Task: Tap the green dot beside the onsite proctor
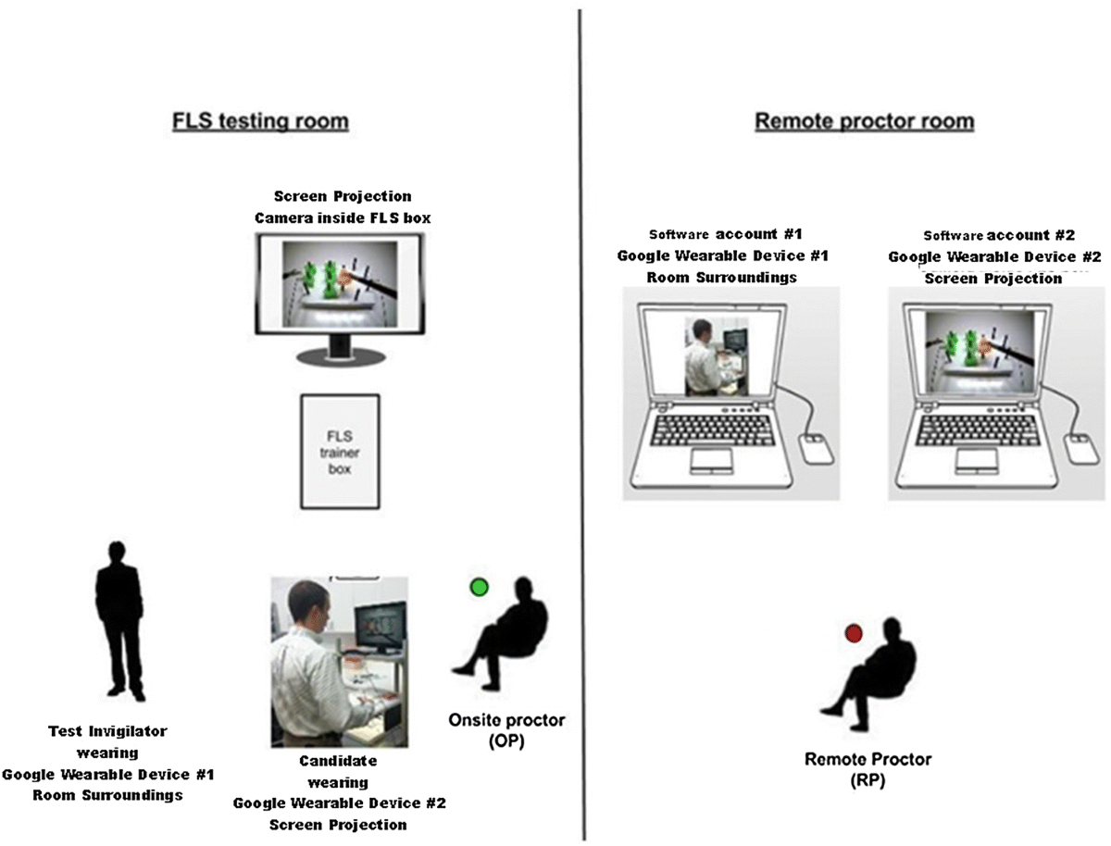(x=479, y=587)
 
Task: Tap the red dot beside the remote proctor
(x=854, y=633)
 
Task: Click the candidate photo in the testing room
(x=339, y=661)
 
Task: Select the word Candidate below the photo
(x=338, y=761)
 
